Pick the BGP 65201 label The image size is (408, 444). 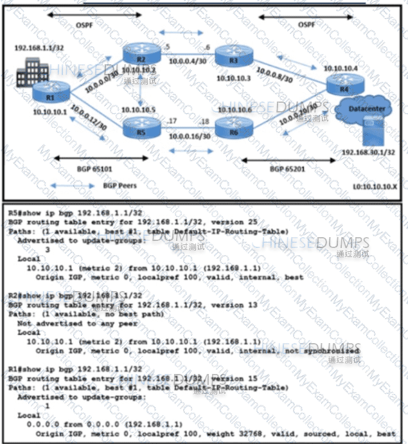286,168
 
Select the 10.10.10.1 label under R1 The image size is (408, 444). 51,111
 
